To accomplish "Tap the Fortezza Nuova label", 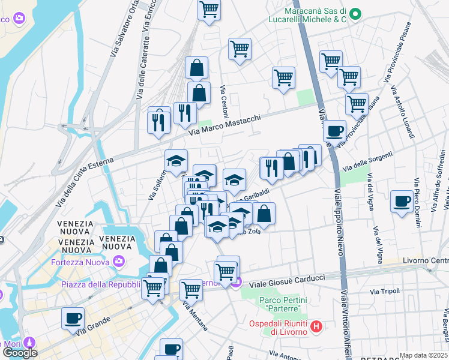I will tap(79, 262).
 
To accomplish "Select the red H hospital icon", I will tap(317, 327).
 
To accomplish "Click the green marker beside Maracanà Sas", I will tap(355, 14).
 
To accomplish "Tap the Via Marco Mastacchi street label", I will tap(225, 126).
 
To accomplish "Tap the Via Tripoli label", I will tap(385, 291).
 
